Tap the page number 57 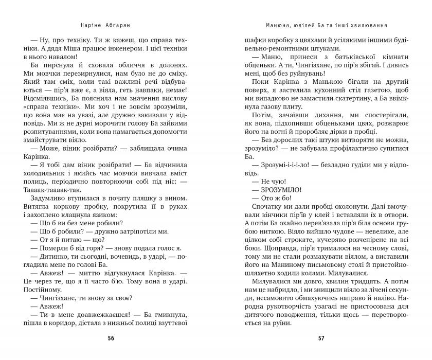point(321,338)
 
